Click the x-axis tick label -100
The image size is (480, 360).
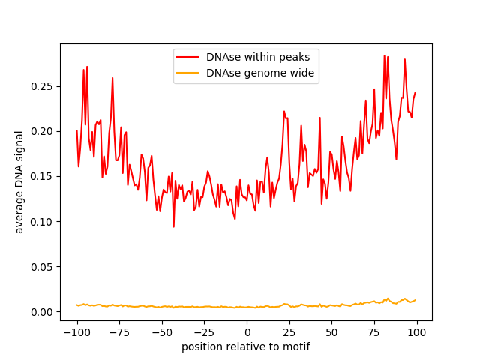click(76, 332)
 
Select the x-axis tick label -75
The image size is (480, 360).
click(119, 332)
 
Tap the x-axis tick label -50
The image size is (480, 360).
click(162, 332)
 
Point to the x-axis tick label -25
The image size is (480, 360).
click(205, 332)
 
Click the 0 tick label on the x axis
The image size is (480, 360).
click(247, 332)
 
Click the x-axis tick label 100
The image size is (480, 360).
click(418, 332)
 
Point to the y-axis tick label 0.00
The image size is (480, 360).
click(43, 312)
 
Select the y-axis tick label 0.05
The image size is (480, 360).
click(43, 267)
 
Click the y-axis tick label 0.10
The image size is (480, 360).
click(43, 222)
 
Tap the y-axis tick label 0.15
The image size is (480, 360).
click(43, 177)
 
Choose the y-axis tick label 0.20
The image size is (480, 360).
click(43, 132)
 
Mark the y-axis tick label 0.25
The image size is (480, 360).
click(43, 87)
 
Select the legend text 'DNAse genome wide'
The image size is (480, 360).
click(260, 73)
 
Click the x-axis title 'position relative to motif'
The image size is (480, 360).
click(246, 346)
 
